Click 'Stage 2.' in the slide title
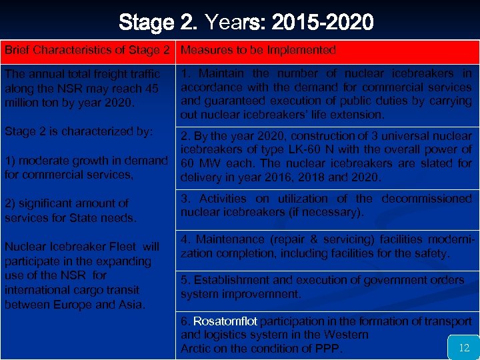point(159,23)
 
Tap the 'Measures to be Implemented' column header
point(258,50)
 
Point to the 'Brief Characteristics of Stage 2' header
point(89,50)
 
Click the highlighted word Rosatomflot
point(225,321)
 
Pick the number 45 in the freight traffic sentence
point(151,89)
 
